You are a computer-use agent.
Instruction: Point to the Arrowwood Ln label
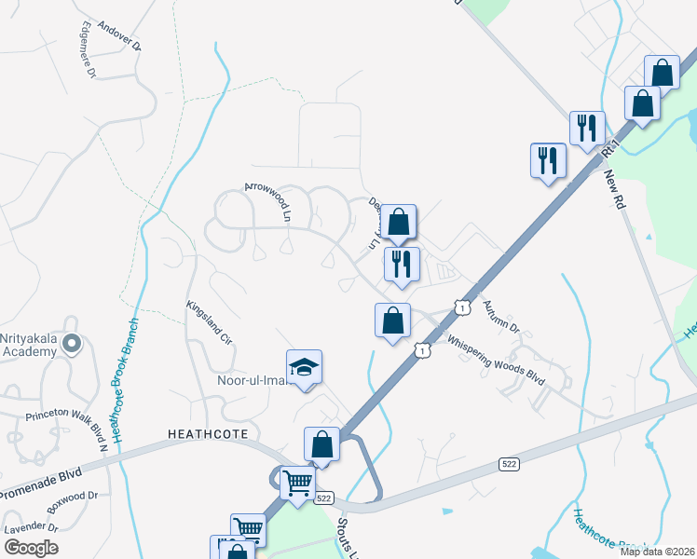268,200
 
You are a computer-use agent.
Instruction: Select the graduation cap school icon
304,369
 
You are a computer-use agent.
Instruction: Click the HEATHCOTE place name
205,433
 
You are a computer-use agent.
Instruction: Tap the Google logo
31,547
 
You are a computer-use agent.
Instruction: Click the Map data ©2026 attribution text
657,552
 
